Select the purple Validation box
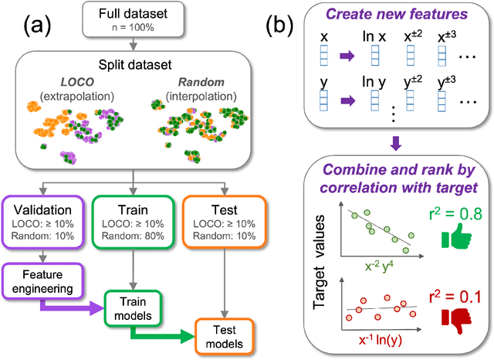click(x=45, y=222)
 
